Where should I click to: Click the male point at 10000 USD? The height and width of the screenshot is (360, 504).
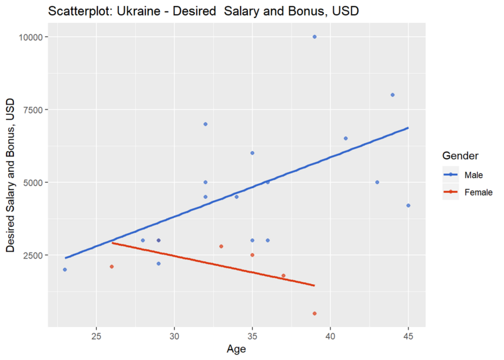point(314,37)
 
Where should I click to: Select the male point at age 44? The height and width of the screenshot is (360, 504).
point(392,95)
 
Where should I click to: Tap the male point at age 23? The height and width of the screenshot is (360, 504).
point(65,269)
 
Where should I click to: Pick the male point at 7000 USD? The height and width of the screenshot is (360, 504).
point(206,124)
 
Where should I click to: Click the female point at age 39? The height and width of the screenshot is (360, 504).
point(314,314)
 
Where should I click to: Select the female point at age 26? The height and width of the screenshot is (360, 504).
point(112,267)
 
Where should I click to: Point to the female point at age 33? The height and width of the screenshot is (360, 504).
point(221,246)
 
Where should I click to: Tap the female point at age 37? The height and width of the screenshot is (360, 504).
point(284,275)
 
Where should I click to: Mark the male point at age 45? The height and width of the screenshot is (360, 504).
point(409,206)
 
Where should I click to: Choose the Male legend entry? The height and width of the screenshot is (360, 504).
point(463,175)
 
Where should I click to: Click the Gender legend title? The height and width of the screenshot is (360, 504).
point(460,156)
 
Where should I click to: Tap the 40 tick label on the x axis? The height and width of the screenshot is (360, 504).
point(330,336)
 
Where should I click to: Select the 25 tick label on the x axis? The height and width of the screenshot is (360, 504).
point(96,336)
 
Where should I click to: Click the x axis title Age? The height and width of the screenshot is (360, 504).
point(237,349)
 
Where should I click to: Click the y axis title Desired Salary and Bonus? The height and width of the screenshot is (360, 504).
point(11,175)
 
